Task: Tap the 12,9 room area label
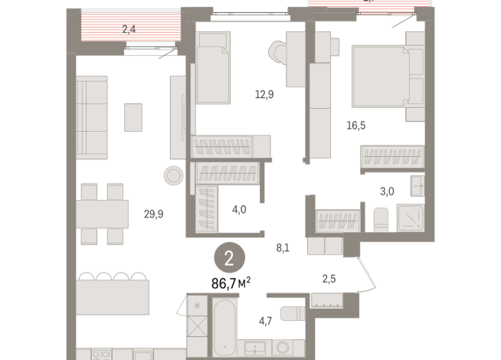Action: tap(264, 94)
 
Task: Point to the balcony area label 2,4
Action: tap(129, 31)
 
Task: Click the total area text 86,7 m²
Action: tap(231, 283)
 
